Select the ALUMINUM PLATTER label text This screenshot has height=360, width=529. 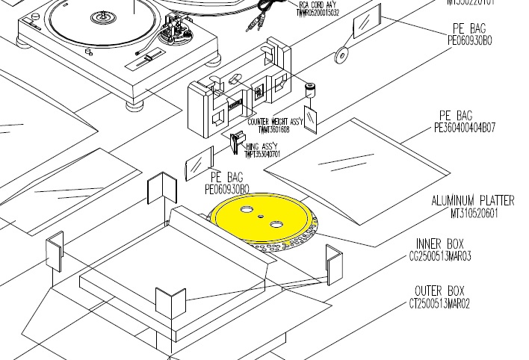[472, 201]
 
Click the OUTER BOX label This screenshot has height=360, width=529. [439, 291]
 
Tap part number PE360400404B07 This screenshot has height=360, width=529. [474, 128]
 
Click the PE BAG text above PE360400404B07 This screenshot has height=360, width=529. [454, 116]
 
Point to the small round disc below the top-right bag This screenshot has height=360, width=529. [341, 54]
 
